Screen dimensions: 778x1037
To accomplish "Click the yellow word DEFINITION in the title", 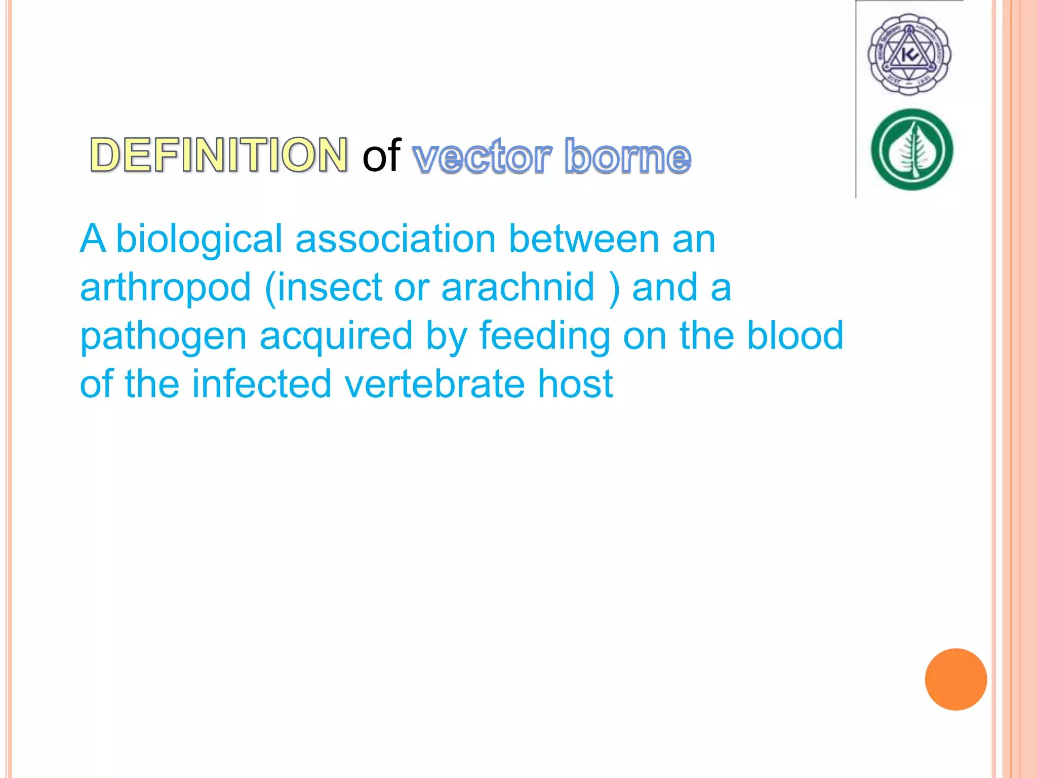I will coord(219,155).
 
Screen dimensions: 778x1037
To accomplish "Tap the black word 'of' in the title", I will coord(381,155).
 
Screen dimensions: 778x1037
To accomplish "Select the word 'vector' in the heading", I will coord(482,157).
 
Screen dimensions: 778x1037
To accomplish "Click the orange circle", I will coord(955,679).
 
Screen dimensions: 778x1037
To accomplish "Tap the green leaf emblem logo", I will coord(911,150).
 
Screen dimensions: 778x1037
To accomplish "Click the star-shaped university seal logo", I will coord(909,55).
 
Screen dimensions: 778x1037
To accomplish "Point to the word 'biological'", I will coord(199,239).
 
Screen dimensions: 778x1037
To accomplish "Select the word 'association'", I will coord(395,239).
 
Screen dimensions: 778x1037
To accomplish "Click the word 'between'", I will coord(584,239).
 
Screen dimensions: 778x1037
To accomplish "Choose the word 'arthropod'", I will coord(166,288).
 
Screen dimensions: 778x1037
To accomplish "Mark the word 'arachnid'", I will coord(517,288).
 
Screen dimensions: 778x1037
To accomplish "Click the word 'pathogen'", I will coord(163,336).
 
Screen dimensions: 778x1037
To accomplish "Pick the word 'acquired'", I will coord(336,336).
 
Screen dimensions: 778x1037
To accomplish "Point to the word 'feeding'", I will coord(545,336).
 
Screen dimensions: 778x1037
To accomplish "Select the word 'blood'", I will coord(795,335).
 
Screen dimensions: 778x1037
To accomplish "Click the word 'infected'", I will coord(261,384).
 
